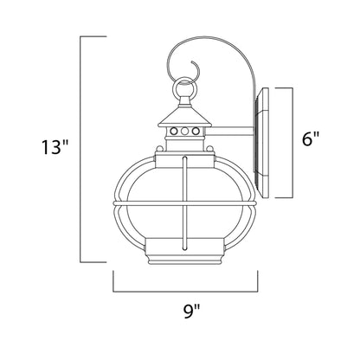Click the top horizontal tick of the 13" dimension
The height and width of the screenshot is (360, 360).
coord(93,36)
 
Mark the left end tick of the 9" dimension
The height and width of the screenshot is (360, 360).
coord(113,281)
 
